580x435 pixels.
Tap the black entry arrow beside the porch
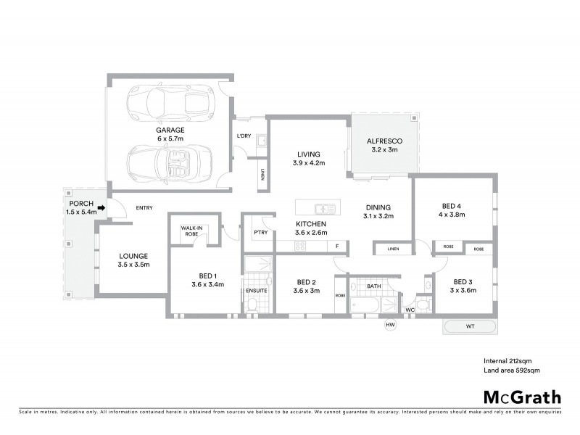[x=101, y=208]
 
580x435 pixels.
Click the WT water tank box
[x=470, y=327]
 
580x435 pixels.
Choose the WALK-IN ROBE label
[x=191, y=231]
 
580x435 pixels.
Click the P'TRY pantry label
[x=260, y=233]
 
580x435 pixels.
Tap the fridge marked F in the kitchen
[x=338, y=247]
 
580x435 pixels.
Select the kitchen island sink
[x=325, y=209]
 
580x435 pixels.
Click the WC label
[x=410, y=310]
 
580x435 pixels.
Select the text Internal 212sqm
[x=507, y=360]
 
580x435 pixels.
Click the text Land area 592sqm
[x=512, y=370]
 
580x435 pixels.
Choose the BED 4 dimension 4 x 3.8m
[x=449, y=215]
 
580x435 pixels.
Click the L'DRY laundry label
[x=244, y=136]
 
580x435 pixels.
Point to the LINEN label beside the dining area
[x=393, y=249]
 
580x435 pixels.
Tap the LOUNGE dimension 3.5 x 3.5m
[x=133, y=265]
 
